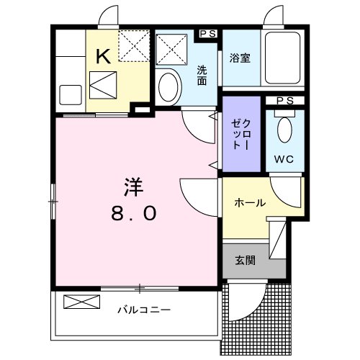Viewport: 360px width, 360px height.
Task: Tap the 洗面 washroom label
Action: pos(203,75)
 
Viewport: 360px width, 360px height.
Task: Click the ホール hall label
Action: pos(249,203)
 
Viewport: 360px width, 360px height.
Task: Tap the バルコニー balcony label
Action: pos(144,311)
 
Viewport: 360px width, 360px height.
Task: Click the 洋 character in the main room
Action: pos(132,188)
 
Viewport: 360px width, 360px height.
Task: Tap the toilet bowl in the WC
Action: pos(285,131)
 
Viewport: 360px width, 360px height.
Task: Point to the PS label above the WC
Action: pos(285,102)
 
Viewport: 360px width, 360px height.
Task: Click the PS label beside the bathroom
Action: pos(209,33)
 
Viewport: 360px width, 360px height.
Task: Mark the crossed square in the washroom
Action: pos(173,49)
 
